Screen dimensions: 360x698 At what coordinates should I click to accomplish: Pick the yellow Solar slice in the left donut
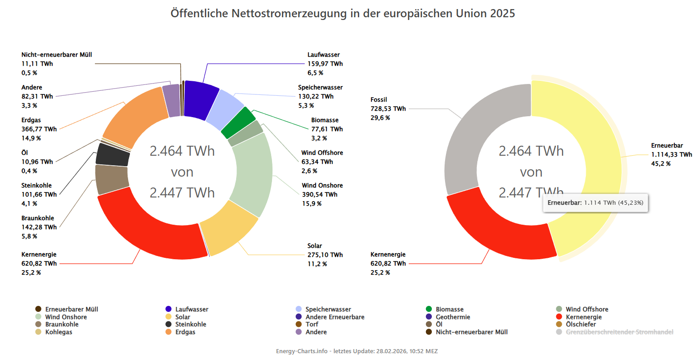(229, 229)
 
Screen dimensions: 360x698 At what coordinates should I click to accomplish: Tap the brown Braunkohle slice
(112, 179)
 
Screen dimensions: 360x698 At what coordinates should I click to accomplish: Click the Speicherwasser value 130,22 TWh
(316, 96)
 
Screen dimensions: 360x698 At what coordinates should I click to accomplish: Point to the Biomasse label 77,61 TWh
(327, 129)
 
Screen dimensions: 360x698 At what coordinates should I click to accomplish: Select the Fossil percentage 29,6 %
(380, 118)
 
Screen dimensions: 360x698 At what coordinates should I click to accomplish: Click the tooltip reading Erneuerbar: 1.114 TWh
(595, 203)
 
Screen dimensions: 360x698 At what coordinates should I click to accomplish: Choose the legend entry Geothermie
(453, 317)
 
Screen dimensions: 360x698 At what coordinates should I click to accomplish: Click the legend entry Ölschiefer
(581, 324)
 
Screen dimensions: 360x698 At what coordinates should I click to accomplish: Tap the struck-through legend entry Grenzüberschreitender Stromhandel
(619, 332)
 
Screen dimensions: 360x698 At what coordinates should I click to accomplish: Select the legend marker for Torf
(298, 324)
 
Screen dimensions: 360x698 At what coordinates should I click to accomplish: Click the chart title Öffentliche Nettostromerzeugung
(343, 13)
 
